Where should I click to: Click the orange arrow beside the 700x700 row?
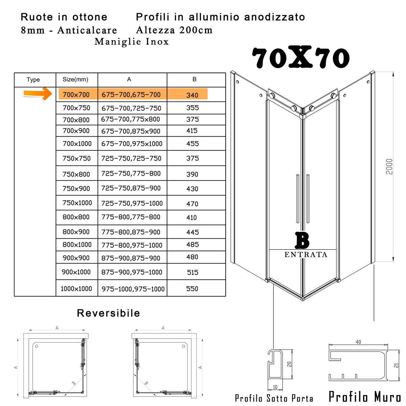(38, 93)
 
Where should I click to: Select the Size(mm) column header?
(75, 80)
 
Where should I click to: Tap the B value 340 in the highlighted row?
(192, 95)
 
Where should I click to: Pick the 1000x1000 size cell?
(76, 289)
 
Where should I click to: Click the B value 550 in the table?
(192, 289)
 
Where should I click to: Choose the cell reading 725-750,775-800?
(131, 174)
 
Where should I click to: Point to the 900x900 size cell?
(76, 258)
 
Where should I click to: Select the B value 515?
(193, 272)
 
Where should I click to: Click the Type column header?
(33, 80)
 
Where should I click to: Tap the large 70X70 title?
(300, 58)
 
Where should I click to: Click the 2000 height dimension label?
(389, 166)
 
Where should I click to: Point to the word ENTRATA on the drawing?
(306, 255)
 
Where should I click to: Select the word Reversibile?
(108, 313)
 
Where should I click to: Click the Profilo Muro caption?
(365, 397)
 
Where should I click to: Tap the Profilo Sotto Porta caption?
(274, 398)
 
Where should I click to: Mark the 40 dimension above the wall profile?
(358, 342)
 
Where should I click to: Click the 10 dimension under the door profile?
(275, 387)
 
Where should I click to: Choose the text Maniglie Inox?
(132, 42)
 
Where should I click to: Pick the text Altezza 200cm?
(174, 30)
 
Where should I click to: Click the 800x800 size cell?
(76, 217)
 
